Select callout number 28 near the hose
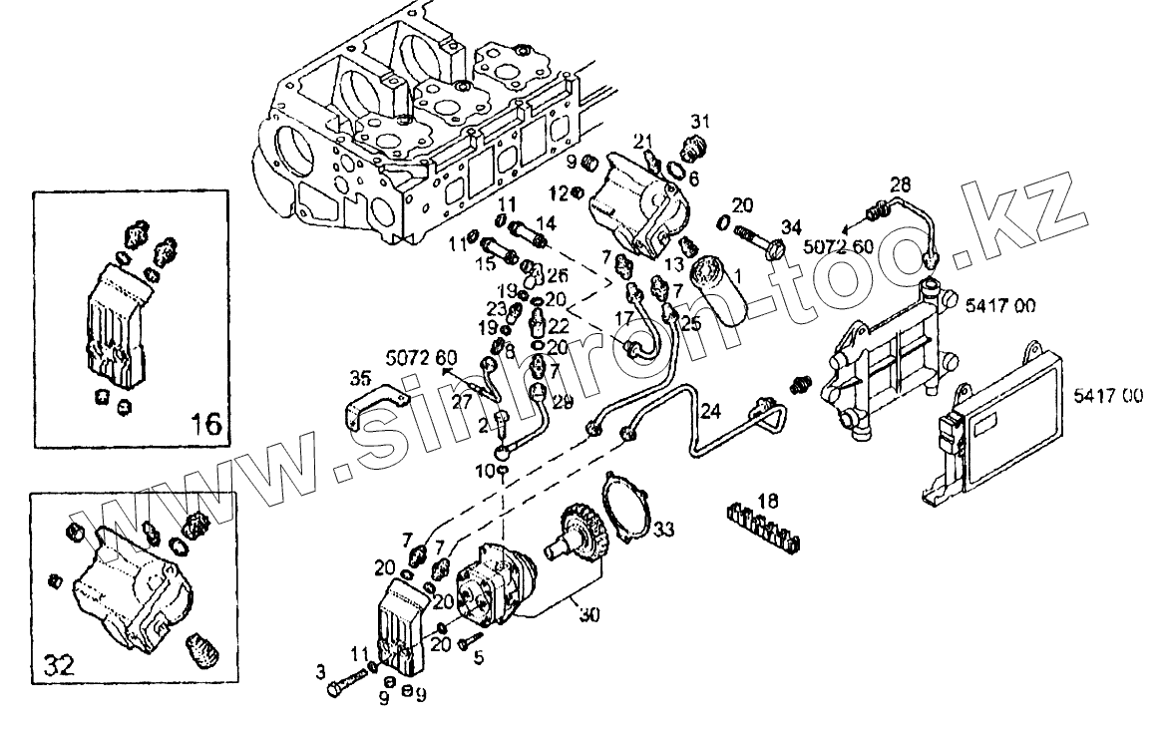click(901, 184)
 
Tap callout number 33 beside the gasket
click(664, 528)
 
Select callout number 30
click(589, 615)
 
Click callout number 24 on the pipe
click(709, 409)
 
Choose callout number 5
click(478, 657)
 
